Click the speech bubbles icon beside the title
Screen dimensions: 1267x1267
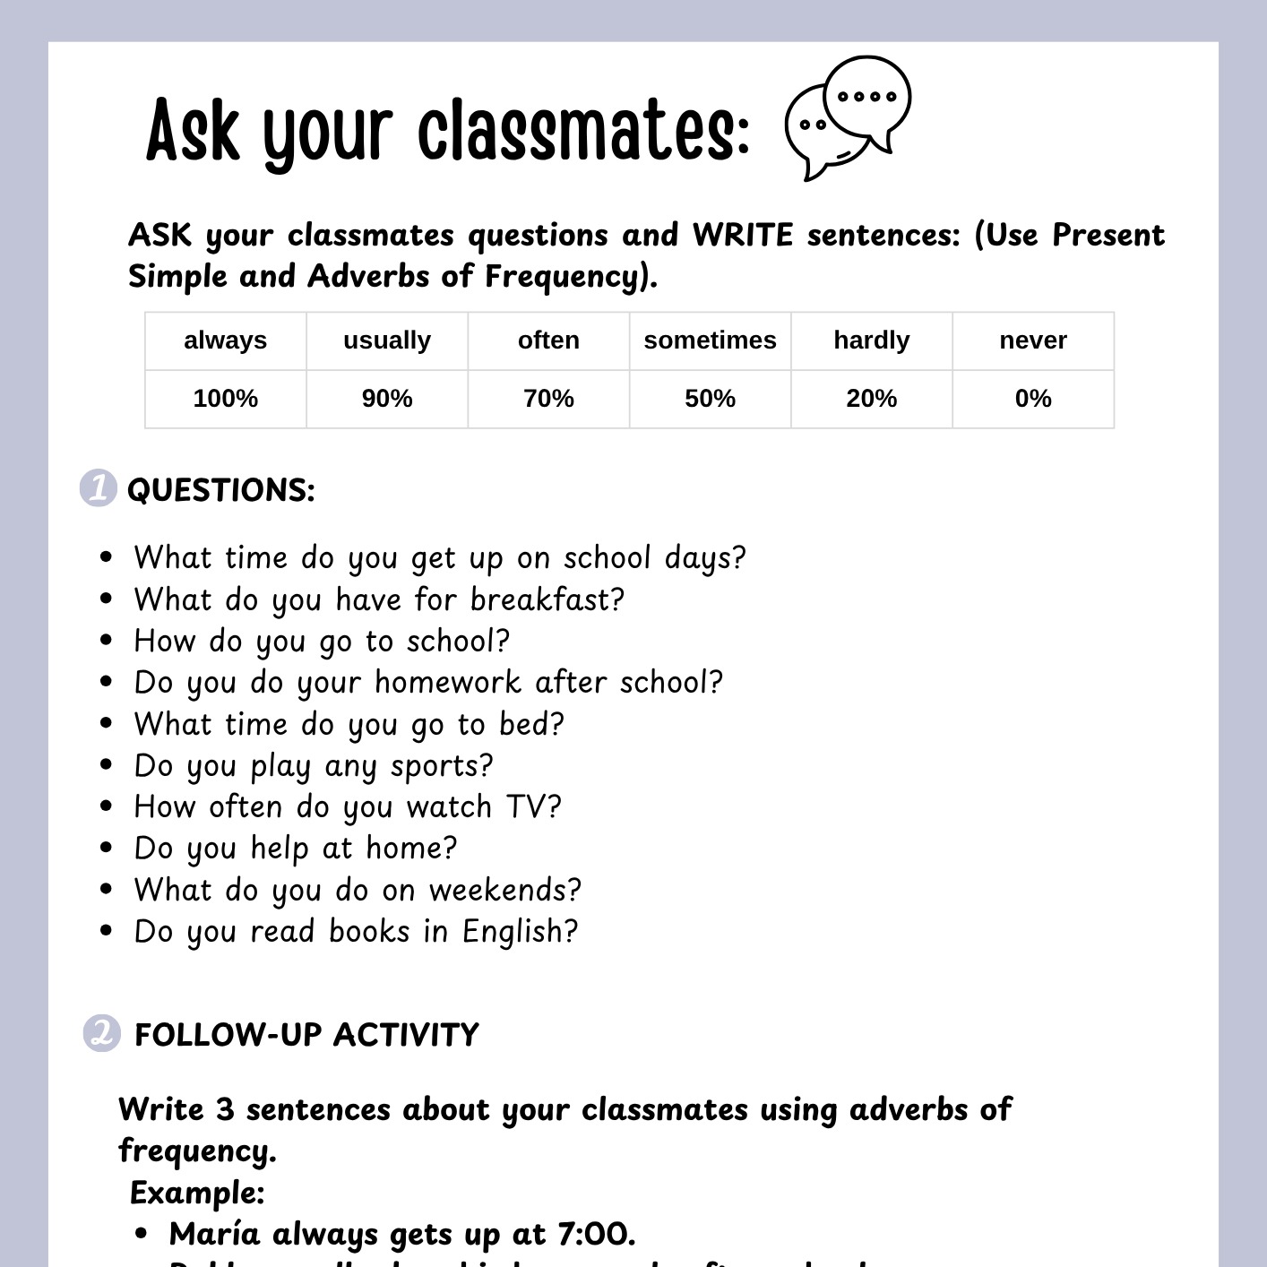point(847,117)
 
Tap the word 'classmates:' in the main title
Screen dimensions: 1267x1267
point(583,132)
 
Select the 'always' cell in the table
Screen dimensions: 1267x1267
point(226,340)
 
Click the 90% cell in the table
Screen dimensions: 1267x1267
point(387,399)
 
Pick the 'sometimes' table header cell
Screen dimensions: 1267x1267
point(710,340)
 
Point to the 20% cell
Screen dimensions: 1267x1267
point(871,399)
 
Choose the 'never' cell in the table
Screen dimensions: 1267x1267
point(1032,340)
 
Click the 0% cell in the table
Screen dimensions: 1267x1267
point(1032,399)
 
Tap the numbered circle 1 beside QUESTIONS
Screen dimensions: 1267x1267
point(99,488)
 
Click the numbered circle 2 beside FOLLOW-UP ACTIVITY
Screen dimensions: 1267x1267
point(101,1033)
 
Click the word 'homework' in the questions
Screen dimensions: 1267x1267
point(448,683)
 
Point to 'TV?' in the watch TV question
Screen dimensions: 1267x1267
point(534,807)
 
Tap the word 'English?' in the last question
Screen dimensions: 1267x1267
point(521,932)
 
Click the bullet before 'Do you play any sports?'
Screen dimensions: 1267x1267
point(107,765)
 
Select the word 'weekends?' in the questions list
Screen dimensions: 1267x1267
point(505,891)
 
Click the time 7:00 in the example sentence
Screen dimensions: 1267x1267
point(596,1235)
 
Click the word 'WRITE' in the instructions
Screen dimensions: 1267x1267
point(743,236)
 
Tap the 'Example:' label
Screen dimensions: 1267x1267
point(197,1193)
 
